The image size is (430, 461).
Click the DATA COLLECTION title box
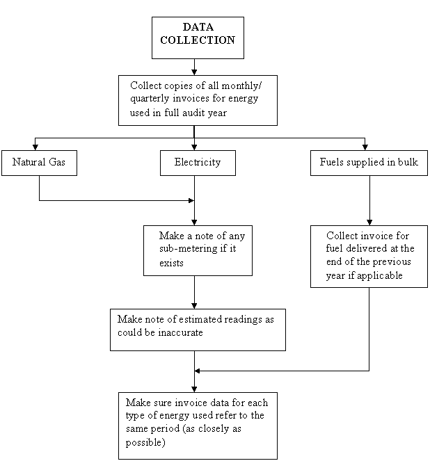[198, 37]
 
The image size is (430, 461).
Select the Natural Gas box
[39, 163]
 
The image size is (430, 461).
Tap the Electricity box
[198, 163]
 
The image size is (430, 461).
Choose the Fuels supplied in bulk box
[369, 163]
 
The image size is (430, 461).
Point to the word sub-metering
[189, 250]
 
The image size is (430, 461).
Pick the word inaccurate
[180, 333]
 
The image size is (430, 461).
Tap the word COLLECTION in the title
[198, 41]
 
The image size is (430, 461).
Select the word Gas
[56, 163]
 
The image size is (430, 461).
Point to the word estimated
[174, 320]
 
